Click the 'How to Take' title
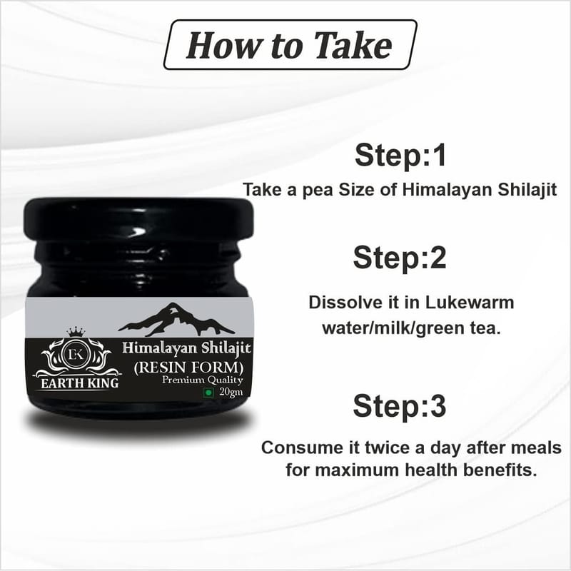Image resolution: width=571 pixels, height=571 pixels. point(290,45)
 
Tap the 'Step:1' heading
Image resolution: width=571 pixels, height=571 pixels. point(400,155)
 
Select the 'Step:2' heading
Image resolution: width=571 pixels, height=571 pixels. point(400,258)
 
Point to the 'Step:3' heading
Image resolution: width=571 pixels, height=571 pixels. point(400,406)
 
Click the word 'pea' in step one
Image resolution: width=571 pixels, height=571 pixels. point(318,191)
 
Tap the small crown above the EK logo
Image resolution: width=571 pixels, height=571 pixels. point(76,332)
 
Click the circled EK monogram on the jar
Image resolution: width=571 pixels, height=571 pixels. point(76,354)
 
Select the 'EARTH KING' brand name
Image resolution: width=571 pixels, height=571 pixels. point(79,383)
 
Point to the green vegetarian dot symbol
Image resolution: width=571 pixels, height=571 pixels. point(209,393)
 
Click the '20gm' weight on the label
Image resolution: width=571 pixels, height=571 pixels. point(231,392)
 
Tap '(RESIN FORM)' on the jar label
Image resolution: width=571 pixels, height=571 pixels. point(188,368)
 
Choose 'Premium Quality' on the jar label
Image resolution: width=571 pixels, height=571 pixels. point(203,380)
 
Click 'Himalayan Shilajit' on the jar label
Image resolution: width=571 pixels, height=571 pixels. point(187,348)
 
